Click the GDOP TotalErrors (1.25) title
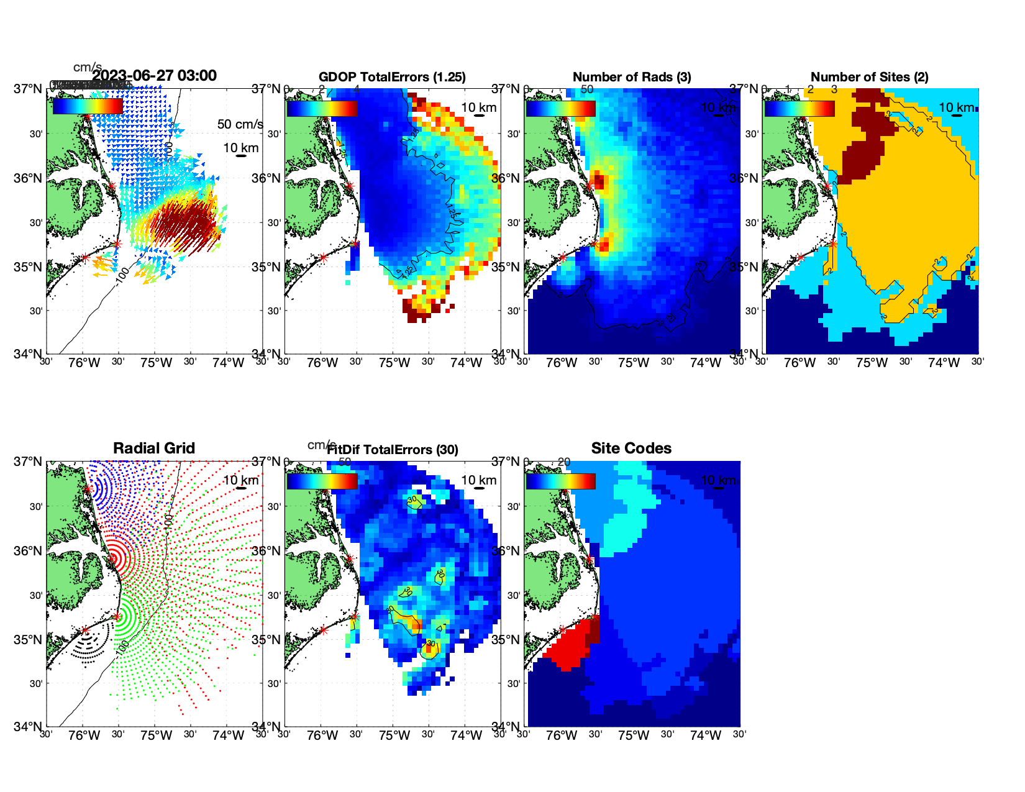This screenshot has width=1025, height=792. pos(392,77)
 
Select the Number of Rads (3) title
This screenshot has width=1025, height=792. pos(632,77)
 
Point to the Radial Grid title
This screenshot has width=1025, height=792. pos(154,448)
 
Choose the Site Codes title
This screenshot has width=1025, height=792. pos(631,448)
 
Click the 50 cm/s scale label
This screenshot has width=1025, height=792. pos(240,124)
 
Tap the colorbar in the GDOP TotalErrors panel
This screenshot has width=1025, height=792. pos(322,108)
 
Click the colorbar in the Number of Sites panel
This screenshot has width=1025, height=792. pos(799,108)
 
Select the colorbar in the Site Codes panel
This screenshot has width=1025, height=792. pos(560,481)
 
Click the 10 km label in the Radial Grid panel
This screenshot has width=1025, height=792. pos(240,480)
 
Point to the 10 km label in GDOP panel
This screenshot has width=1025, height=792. pos(478,107)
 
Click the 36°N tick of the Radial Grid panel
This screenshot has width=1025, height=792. pos(29,551)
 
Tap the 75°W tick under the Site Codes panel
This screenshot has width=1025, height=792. pos(633,735)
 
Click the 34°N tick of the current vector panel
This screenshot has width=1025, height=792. pos(29,354)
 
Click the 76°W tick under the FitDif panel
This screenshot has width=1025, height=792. pos(322,735)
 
